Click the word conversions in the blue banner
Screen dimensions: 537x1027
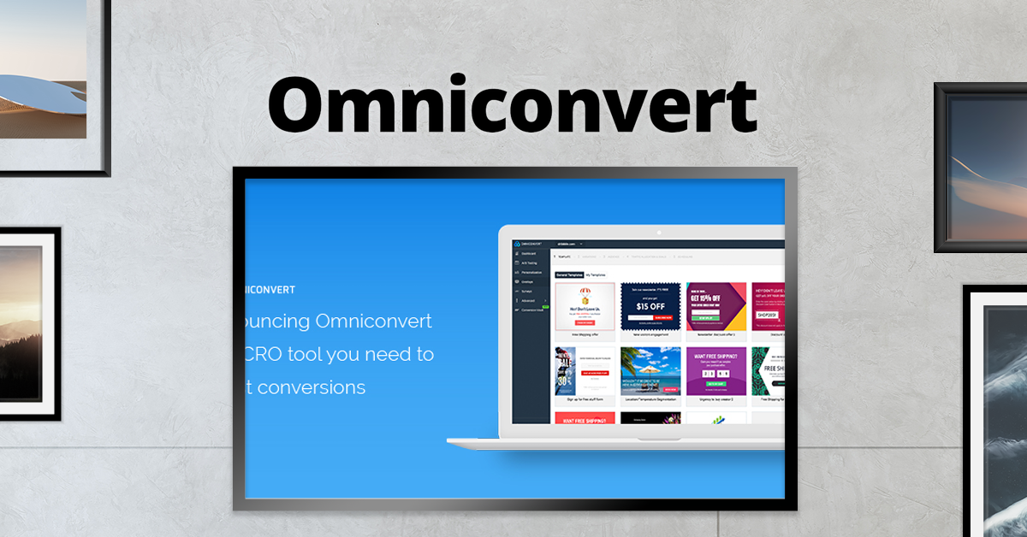click(312, 387)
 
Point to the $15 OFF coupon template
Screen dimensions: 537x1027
click(650, 306)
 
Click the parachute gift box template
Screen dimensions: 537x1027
click(585, 306)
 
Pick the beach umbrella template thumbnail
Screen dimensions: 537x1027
click(650, 370)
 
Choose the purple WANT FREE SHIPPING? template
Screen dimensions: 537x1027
click(716, 370)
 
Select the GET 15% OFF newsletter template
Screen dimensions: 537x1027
click(716, 306)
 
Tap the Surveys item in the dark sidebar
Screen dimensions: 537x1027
click(527, 291)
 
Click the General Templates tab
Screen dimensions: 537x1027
click(569, 274)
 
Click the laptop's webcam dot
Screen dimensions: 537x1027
click(658, 232)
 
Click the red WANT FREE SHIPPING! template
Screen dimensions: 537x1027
click(585, 419)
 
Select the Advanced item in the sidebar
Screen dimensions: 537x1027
click(528, 300)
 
